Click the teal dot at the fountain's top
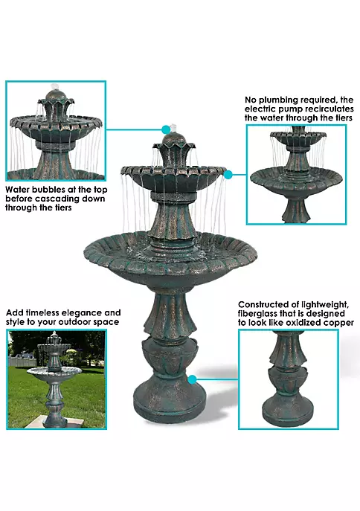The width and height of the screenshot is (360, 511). [166, 129]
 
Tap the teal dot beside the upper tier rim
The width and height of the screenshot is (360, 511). [228, 175]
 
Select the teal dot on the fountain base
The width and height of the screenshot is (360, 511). [193, 379]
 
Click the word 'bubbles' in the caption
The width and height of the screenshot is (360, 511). [48, 190]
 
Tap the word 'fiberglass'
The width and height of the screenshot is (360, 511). [259, 314]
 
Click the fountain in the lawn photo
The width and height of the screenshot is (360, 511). [54, 378]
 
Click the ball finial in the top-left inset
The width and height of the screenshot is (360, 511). [54, 96]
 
